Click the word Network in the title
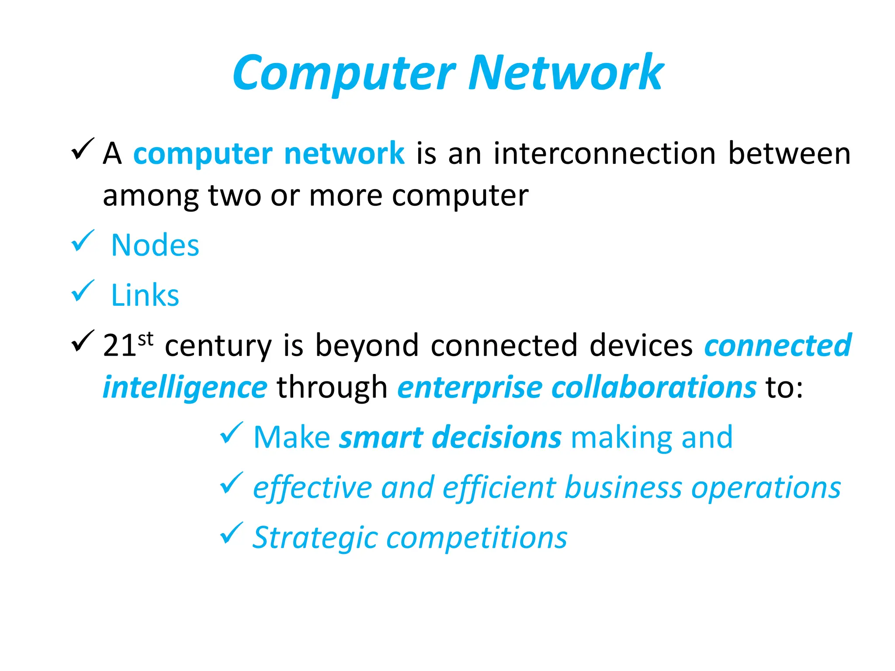[x=566, y=73]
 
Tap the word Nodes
[x=155, y=245]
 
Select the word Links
[x=145, y=295]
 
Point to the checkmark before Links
[x=83, y=291]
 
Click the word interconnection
[x=605, y=154]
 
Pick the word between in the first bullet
[x=789, y=154]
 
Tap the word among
[x=150, y=196]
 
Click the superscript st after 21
[x=146, y=339]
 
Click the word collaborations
[x=654, y=387]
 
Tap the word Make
[x=292, y=437]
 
